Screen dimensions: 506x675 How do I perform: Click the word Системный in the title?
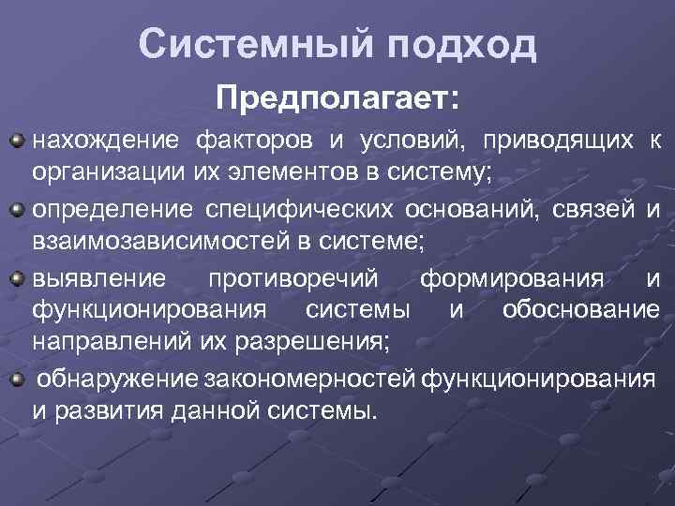tap(246, 43)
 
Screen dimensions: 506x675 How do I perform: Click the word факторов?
tap(253, 141)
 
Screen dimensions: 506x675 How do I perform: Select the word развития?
tap(102, 410)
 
